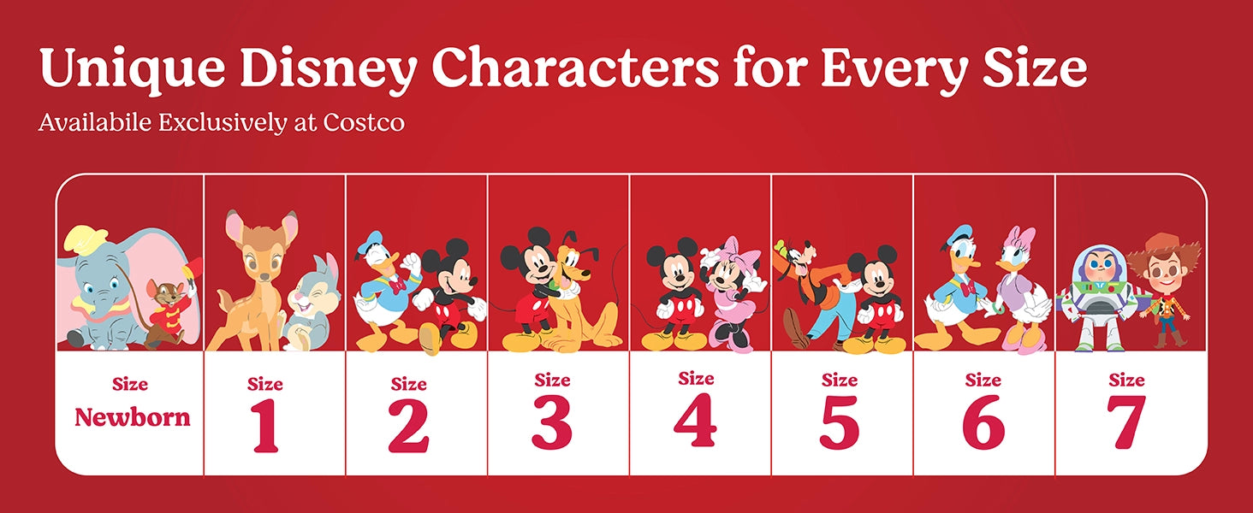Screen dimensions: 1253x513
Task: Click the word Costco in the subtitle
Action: point(364,122)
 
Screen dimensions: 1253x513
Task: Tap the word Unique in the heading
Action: point(133,68)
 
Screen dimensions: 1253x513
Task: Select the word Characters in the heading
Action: point(575,67)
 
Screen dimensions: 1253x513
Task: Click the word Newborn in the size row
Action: point(133,417)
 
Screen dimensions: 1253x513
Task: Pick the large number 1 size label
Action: point(264,426)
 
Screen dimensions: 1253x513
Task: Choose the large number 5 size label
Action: point(839,422)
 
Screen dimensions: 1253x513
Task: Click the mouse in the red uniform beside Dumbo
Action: point(168,310)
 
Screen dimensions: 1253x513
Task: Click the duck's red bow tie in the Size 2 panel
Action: point(398,286)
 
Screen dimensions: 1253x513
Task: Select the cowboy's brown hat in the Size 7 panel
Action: point(1163,252)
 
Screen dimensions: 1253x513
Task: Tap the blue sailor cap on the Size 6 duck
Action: point(960,234)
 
